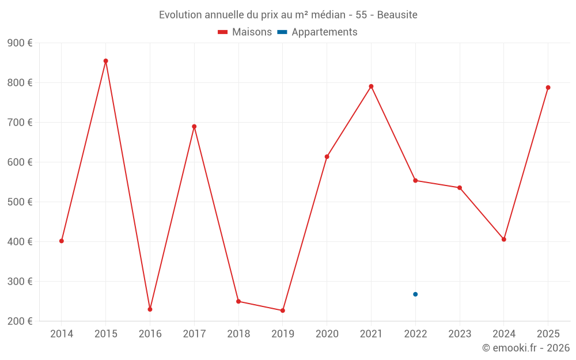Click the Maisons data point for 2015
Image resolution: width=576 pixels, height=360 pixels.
click(106, 61)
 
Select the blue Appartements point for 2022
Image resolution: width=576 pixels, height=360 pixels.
click(415, 294)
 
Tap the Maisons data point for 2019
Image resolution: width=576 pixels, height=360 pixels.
click(283, 310)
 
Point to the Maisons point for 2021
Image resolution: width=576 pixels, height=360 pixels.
click(371, 86)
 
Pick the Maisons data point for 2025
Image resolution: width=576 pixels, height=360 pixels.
click(548, 88)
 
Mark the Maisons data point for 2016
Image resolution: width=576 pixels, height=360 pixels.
click(150, 309)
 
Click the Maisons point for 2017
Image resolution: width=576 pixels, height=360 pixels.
click(194, 127)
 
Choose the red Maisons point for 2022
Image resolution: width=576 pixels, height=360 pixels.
click(415, 180)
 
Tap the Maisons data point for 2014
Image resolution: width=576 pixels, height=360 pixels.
click(62, 241)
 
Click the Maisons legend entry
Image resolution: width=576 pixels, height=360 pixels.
click(245, 32)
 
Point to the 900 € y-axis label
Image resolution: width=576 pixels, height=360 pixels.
click(20, 43)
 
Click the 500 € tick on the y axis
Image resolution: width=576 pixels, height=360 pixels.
click(20, 202)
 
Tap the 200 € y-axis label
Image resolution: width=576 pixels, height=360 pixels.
click(20, 321)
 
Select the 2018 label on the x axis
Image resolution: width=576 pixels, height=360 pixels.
click(238, 334)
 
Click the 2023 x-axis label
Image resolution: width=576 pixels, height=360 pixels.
click(460, 334)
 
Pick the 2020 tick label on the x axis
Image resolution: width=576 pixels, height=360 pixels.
click(327, 334)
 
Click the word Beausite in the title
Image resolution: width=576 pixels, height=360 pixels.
click(397, 14)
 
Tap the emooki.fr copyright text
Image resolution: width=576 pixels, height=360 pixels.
click(526, 348)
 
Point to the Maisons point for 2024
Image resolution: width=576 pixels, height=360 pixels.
click(504, 239)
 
